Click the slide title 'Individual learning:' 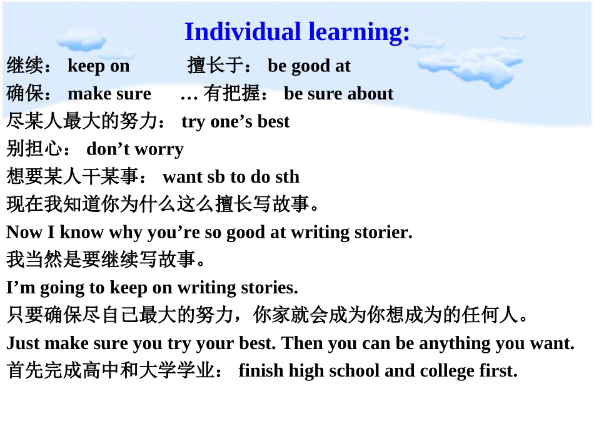tap(297, 32)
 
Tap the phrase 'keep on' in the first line tap(98, 66)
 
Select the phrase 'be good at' tap(309, 66)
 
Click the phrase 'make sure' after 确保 tap(109, 93)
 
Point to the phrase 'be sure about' tap(338, 93)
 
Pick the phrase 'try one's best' tap(235, 121)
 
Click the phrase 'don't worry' tap(135, 149)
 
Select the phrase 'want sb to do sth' tap(231, 176)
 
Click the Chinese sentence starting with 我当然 tap(106, 260)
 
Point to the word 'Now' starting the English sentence tap(23, 232)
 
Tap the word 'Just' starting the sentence tap(23, 343)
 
